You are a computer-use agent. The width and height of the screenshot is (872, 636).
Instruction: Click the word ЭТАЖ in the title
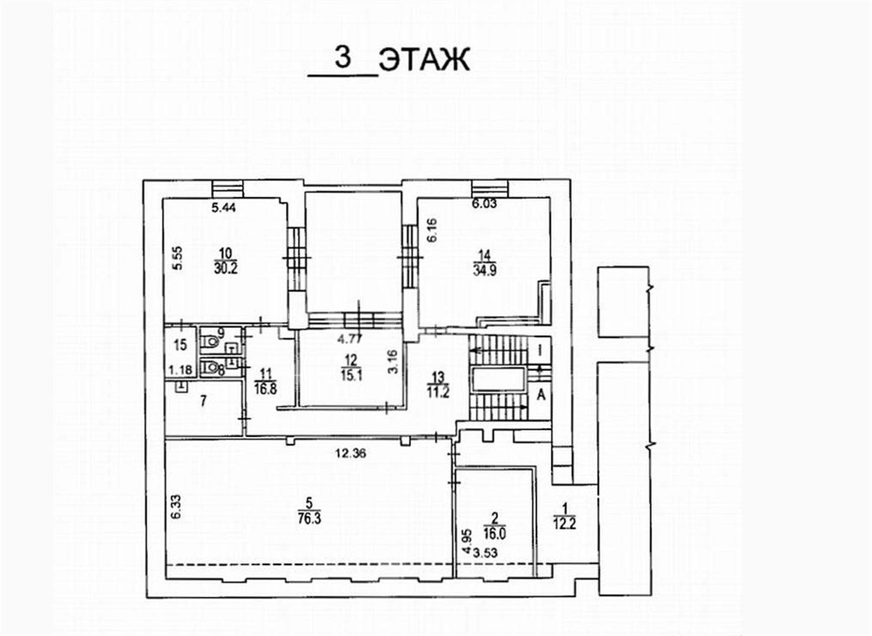tap(424, 60)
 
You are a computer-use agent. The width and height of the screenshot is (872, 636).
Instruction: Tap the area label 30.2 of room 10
tap(225, 268)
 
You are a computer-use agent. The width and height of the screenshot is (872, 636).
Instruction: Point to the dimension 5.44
tap(223, 208)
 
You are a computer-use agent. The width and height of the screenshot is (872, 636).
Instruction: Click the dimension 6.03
tap(484, 203)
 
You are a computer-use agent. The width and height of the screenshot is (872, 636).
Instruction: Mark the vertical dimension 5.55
tap(177, 258)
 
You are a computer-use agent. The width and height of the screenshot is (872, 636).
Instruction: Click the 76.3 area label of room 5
tap(309, 518)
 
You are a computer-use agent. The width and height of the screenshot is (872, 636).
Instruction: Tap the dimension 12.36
tap(351, 453)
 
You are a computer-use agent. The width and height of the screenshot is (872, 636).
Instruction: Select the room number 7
tap(203, 401)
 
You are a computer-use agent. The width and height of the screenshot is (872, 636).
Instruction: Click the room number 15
tap(180, 344)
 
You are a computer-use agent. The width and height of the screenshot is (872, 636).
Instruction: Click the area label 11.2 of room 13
tap(438, 392)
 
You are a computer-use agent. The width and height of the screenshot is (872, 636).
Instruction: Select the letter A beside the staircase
tap(542, 395)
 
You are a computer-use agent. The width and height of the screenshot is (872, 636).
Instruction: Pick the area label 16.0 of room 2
tap(495, 534)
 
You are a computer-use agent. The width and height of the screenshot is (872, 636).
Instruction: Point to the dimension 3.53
tap(485, 553)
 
